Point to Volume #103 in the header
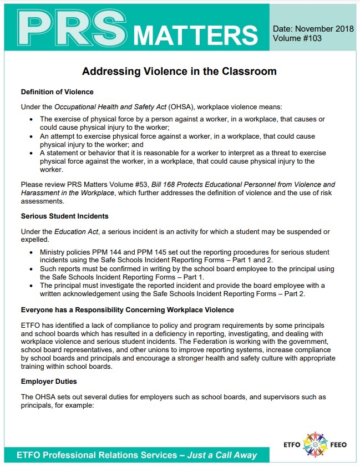pos(297,38)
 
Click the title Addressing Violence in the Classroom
pos(179,72)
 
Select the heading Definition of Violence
pos(57,92)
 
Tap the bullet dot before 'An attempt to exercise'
pos(34,136)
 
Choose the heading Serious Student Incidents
pos(64,216)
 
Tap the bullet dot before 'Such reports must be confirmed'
pos(34,268)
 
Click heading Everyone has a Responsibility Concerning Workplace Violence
pos(127,309)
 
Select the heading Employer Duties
pos(48,382)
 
